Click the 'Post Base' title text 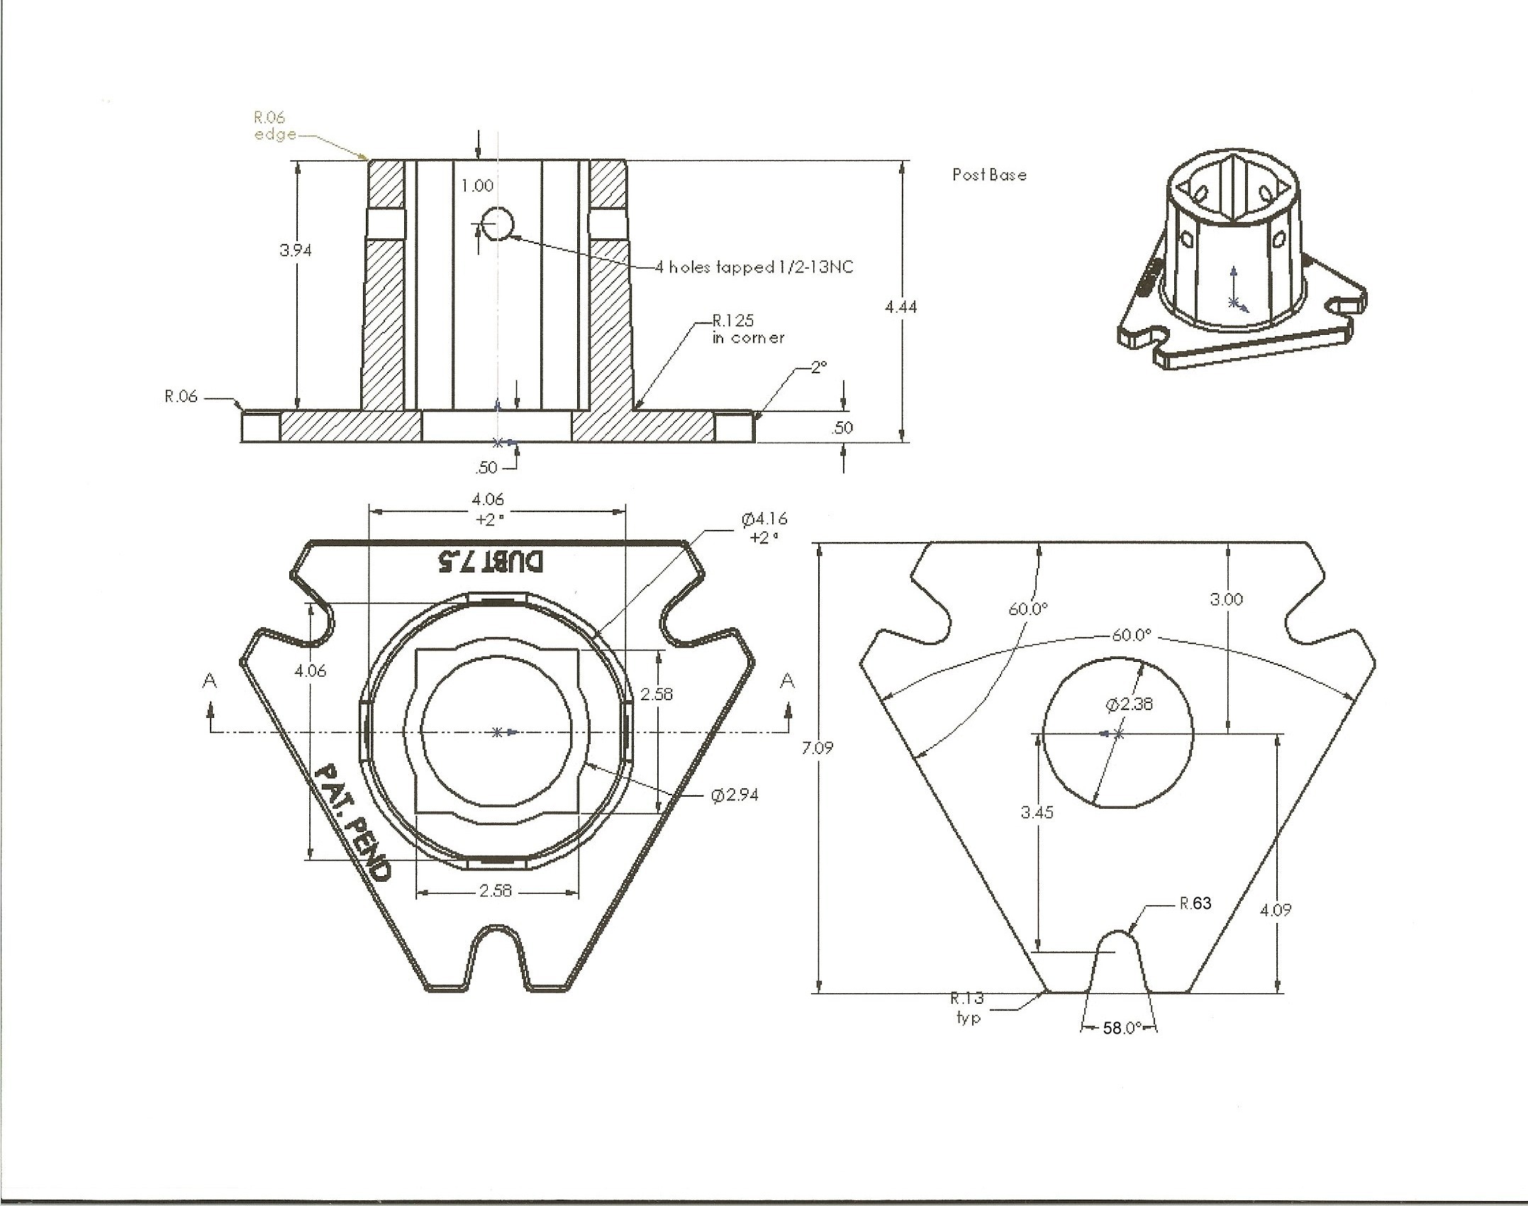tap(989, 175)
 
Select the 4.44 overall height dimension tap(900, 306)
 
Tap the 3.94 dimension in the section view tap(295, 250)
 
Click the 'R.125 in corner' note tap(747, 329)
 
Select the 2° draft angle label tap(819, 367)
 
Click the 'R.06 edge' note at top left tap(274, 126)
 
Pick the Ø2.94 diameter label tap(735, 795)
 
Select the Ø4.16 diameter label tap(764, 528)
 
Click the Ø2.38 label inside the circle tap(1129, 704)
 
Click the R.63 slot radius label tap(1195, 903)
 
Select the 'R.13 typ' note tap(967, 1007)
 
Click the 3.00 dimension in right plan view tap(1226, 599)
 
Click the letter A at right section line tap(787, 681)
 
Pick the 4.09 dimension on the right tap(1275, 909)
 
